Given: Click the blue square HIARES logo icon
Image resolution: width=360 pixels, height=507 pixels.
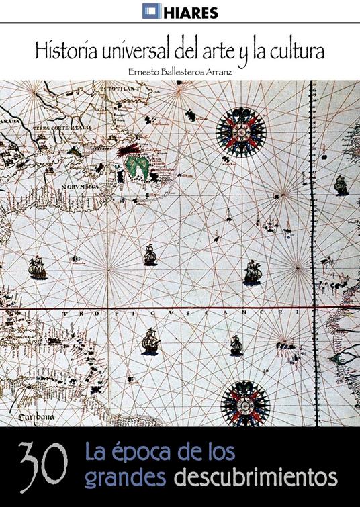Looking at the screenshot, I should click(x=150, y=11).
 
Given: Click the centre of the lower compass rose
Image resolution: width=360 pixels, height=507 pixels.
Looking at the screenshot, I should click(x=245, y=404).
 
